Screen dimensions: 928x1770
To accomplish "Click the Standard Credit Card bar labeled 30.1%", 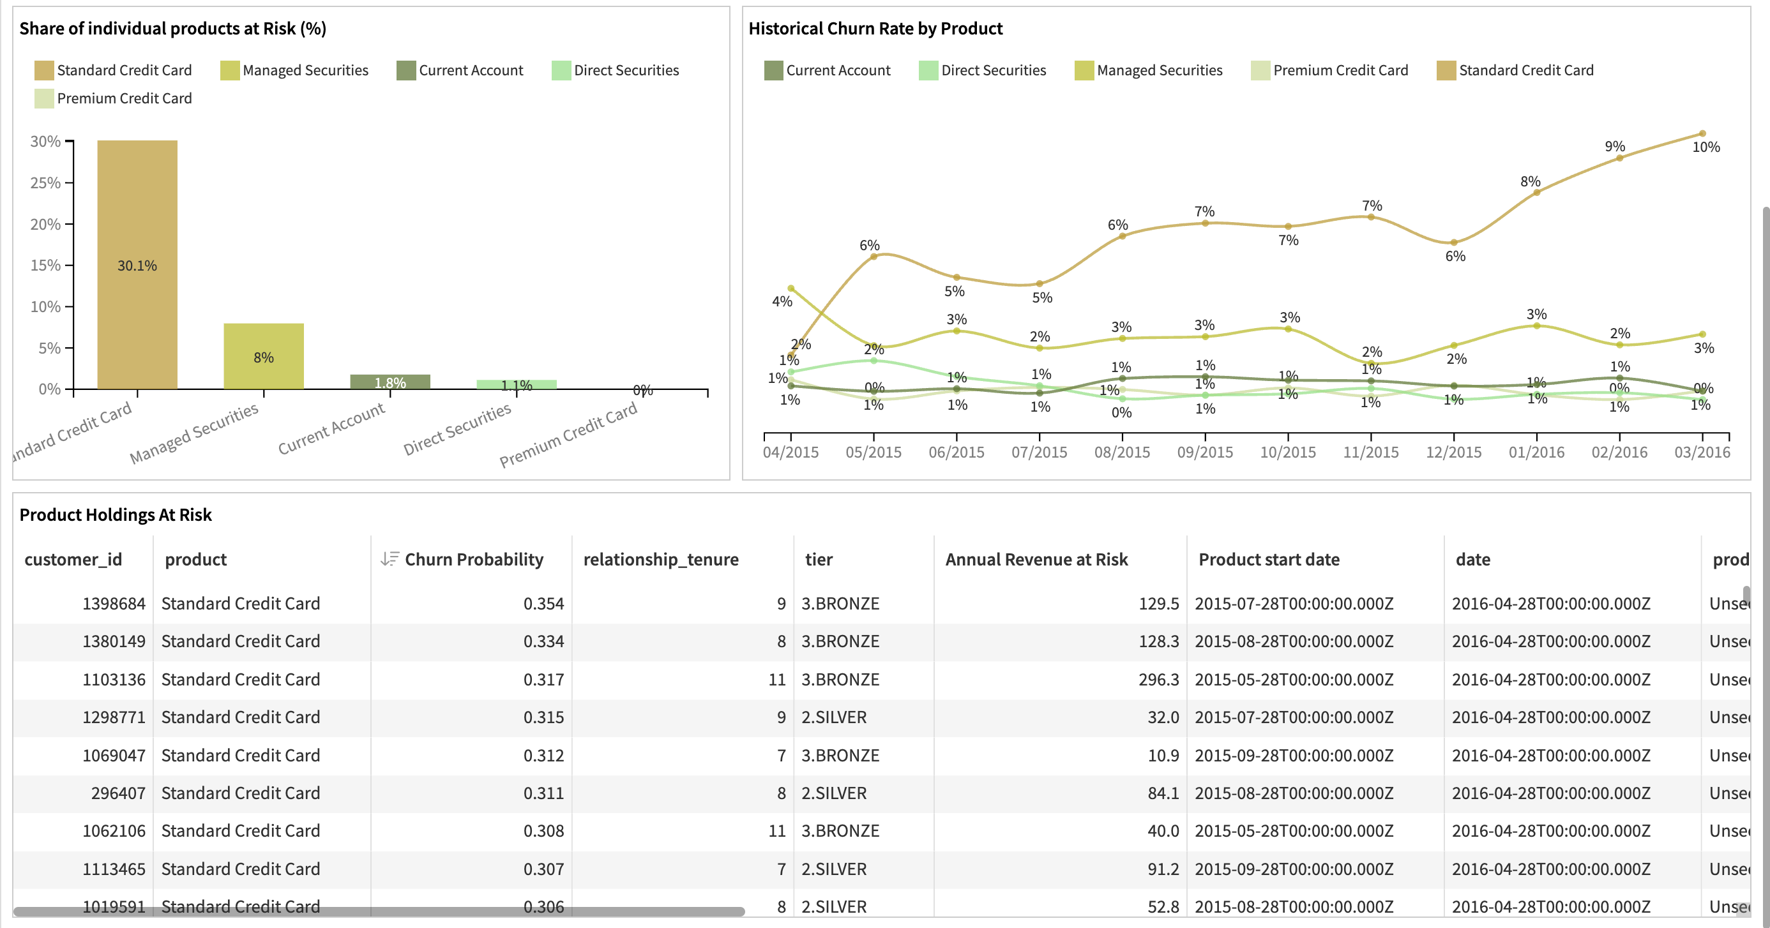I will coord(137,264).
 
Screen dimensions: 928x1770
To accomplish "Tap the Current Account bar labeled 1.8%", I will coord(390,382).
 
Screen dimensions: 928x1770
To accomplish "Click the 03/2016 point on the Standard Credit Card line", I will coord(1701,134).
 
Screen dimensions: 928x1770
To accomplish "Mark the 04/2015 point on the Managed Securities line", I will coord(791,288).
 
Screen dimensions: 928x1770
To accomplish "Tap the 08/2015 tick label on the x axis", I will coord(1121,452).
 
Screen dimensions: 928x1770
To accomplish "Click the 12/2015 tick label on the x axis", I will coord(1453,452).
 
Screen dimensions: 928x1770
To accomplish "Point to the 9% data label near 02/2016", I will coord(1614,146).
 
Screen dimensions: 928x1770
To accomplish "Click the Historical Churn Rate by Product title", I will coord(875,28).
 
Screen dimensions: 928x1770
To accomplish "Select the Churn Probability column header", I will coord(473,559).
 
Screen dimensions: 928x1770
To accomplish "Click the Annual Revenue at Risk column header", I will coord(1036,559).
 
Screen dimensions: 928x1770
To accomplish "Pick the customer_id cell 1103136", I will coord(114,679).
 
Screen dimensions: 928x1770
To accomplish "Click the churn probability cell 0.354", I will coord(543,603).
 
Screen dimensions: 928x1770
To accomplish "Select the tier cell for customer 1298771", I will coord(833,717).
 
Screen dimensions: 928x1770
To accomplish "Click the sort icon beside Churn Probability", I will coord(389,559).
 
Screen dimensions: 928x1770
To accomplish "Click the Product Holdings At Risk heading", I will coord(116,514).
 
